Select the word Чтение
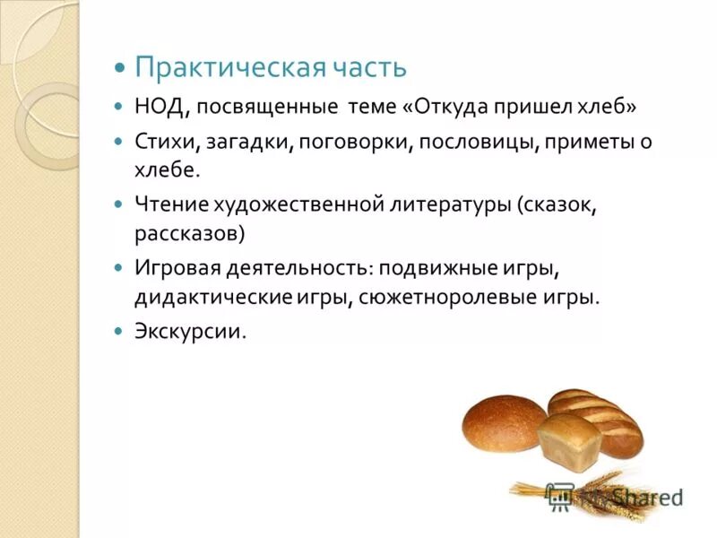pyautogui.click(x=171, y=206)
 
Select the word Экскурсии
pyautogui.click(x=189, y=331)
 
